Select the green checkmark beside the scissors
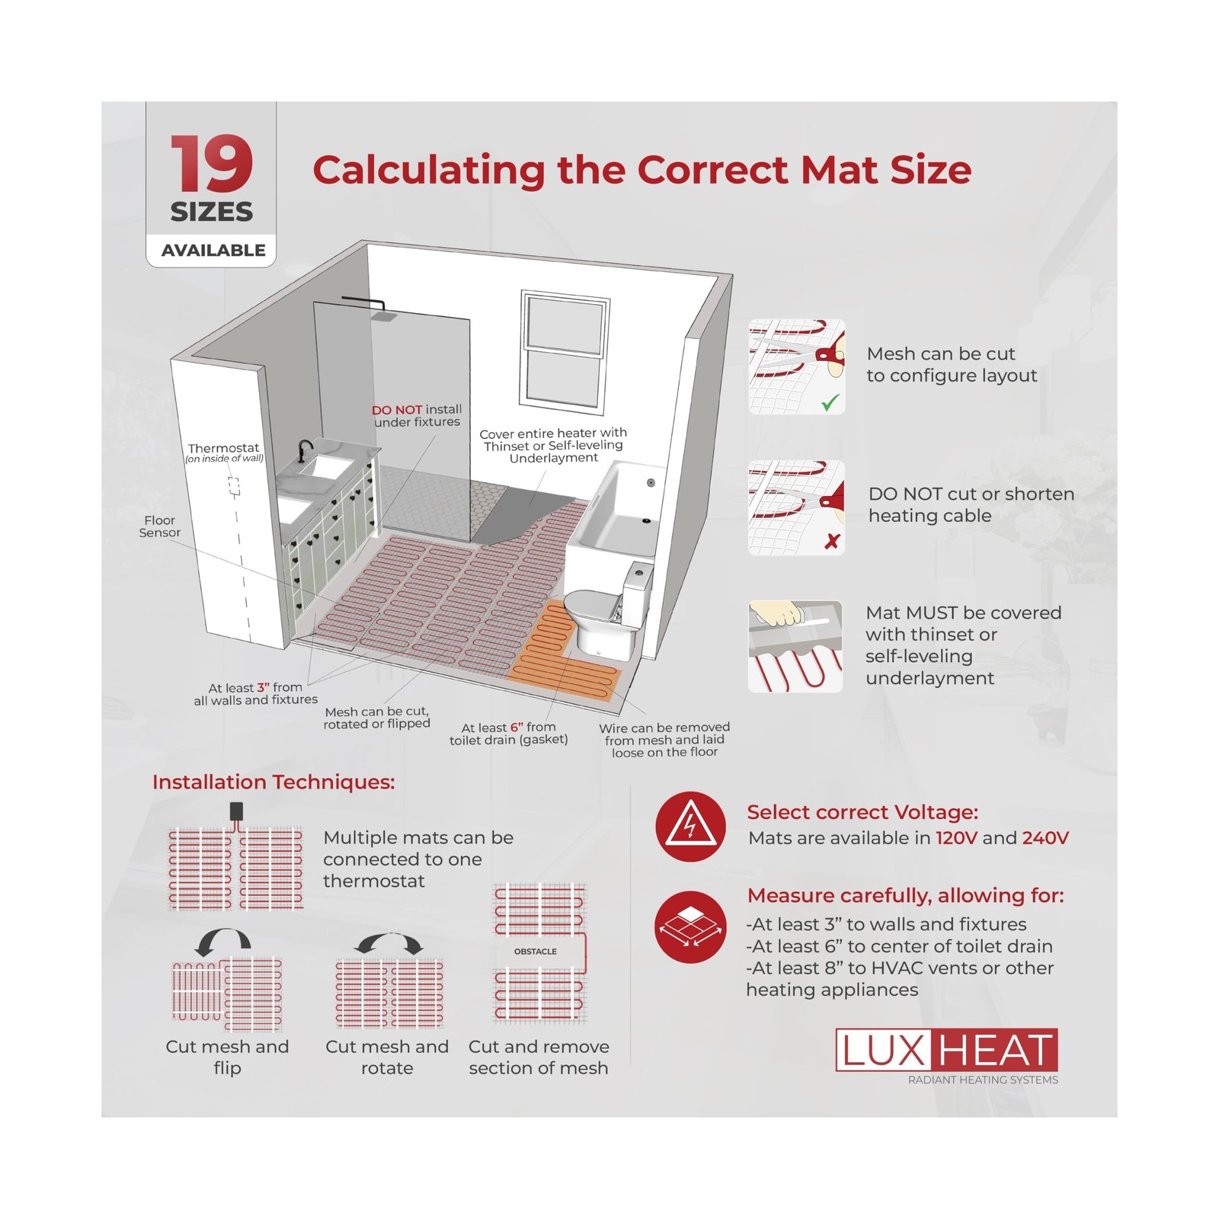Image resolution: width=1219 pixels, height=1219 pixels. click(830, 402)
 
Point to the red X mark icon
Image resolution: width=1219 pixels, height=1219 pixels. click(832, 541)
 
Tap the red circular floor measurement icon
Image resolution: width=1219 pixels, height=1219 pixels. click(690, 927)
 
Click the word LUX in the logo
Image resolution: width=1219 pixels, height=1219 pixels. click(882, 1051)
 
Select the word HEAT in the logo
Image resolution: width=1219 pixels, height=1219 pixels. click(996, 1051)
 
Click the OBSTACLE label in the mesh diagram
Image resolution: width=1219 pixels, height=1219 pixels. click(536, 952)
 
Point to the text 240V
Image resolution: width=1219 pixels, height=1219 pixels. click(1045, 838)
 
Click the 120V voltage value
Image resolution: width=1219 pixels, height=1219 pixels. click(956, 838)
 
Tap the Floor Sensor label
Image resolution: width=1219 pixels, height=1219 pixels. click(159, 526)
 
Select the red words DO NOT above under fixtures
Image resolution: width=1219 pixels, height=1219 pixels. click(396, 410)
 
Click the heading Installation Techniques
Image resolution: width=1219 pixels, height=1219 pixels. click(274, 782)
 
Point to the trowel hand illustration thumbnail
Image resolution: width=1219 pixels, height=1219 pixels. click(795, 647)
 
